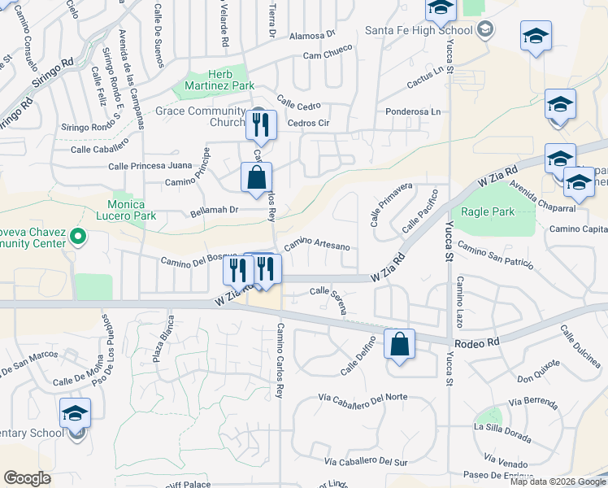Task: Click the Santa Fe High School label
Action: point(418,31)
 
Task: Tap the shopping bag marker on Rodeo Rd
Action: point(399,345)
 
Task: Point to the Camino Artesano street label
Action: point(316,246)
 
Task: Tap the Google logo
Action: point(28,478)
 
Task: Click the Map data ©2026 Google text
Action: point(558,481)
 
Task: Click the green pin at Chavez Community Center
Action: point(78,237)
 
